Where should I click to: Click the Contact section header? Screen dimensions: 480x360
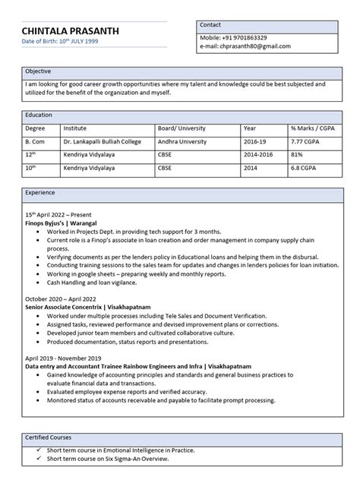pyautogui.click(x=211, y=25)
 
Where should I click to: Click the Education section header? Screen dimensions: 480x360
pyautogui.click(x=39, y=115)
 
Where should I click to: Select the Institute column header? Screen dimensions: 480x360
pyautogui.click(x=75, y=128)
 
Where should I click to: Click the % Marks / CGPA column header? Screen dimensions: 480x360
pyautogui.click(x=311, y=128)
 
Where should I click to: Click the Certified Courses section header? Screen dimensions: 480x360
pyautogui.click(x=51, y=438)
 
